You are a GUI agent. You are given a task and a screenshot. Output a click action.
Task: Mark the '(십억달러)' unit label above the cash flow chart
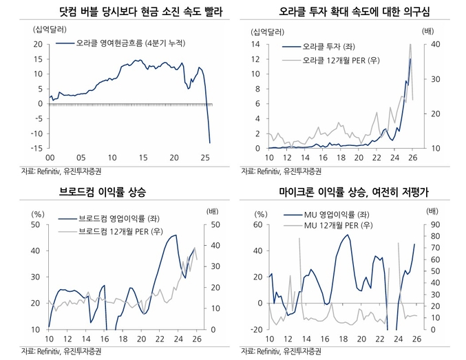(45, 29)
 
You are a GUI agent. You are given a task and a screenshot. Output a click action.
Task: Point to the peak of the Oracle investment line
(410, 59)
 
